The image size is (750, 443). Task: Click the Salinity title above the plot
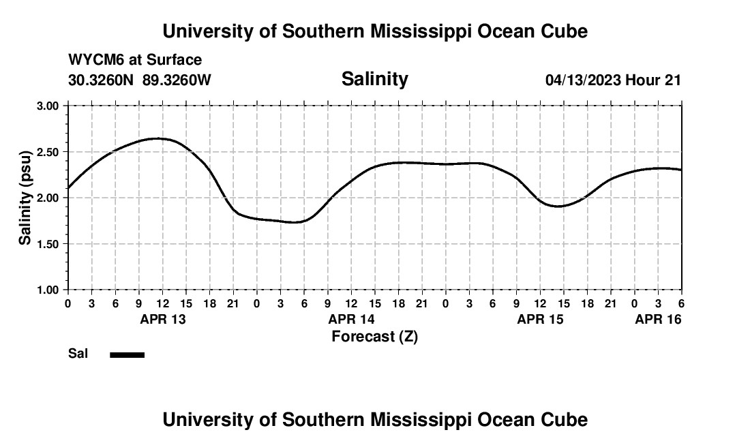[374, 79]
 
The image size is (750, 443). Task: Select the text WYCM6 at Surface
[135, 60]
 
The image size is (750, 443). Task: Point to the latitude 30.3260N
[102, 80]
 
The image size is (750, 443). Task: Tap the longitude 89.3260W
[177, 80]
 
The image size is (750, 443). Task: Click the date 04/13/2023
[583, 80]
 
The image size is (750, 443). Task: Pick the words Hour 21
[653, 80]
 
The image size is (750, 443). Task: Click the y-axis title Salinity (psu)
[26, 198]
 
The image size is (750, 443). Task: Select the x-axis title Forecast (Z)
[374, 336]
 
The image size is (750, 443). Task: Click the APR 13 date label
[162, 319]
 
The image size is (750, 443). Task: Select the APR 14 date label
[351, 319]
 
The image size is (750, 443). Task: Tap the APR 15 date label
[540, 319]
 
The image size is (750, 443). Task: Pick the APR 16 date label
[658, 319]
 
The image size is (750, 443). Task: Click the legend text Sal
[78, 354]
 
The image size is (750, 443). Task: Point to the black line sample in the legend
[127, 354]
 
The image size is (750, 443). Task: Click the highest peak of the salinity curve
[157, 138]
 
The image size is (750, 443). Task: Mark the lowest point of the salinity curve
[296, 221]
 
